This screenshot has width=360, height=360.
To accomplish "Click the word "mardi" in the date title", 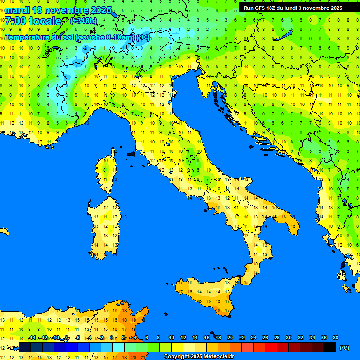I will pyautogui.click(x=16, y=10).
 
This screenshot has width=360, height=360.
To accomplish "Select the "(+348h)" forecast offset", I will pyautogui.click(x=83, y=21).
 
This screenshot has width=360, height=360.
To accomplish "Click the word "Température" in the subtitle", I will pyautogui.click(x=28, y=37).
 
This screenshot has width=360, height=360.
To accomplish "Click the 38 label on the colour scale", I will pyautogui.click(x=335, y=337).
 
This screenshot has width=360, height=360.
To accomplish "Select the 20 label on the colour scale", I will pyautogui.click(x=230, y=337).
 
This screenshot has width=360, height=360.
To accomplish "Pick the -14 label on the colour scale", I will pyautogui.click(x=32, y=337).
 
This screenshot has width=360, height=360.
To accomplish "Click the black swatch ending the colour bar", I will pyautogui.click(x=330, y=347).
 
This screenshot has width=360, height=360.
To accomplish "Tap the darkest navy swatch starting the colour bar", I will pyautogui.click(x=25, y=347).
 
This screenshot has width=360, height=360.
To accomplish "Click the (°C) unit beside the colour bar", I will pyautogui.click(x=344, y=347).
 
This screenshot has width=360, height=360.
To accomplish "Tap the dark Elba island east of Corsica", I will pyautogui.click(x=131, y=153).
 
